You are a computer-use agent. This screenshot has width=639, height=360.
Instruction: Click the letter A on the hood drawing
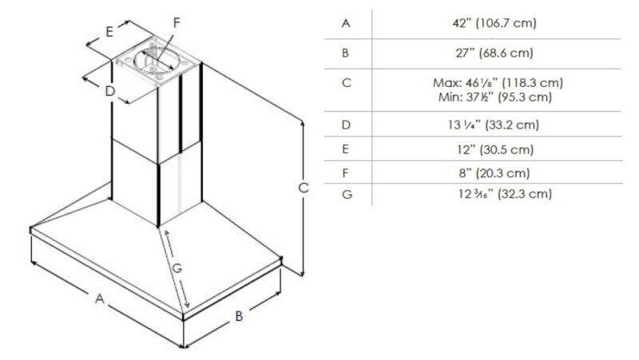(x=100, y=299)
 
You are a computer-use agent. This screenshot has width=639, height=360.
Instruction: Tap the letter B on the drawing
(x=239, y=315)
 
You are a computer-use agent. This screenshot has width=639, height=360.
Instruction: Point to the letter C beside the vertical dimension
(x=304, y=188)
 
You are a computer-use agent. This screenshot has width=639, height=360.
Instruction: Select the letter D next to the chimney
(x=110, y=91)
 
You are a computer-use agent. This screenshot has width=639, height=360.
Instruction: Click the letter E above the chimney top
(x=109, y=31)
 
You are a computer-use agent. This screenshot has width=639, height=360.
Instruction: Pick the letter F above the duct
(x=177, y=23)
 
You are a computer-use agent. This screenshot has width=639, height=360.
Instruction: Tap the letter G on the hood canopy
(x=177, y=268)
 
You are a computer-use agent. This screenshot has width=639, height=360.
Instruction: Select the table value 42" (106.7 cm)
(x=494, y=23)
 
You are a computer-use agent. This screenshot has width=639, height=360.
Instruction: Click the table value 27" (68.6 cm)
(x=494, y=53)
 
